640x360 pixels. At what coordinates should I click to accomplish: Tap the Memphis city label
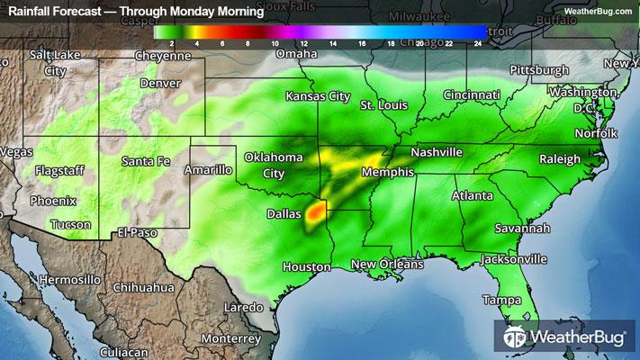coord(387,172)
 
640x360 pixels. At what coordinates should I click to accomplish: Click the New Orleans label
coord(387,264)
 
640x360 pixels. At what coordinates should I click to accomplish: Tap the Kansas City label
coord(318,95)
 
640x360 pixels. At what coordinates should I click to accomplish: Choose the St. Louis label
coord(379,105)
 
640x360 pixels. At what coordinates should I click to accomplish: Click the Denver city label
coord(160,83)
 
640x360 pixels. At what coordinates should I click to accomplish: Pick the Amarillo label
coord(208,169)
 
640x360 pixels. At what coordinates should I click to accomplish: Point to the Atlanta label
coord(472,195)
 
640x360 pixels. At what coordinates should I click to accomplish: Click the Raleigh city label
coord(560,159)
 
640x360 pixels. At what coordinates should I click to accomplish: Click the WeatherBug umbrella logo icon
coord(515,338)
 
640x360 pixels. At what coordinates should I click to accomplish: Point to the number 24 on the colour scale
coord(478,42)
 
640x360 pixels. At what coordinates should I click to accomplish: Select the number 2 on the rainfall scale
coord(171,42)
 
